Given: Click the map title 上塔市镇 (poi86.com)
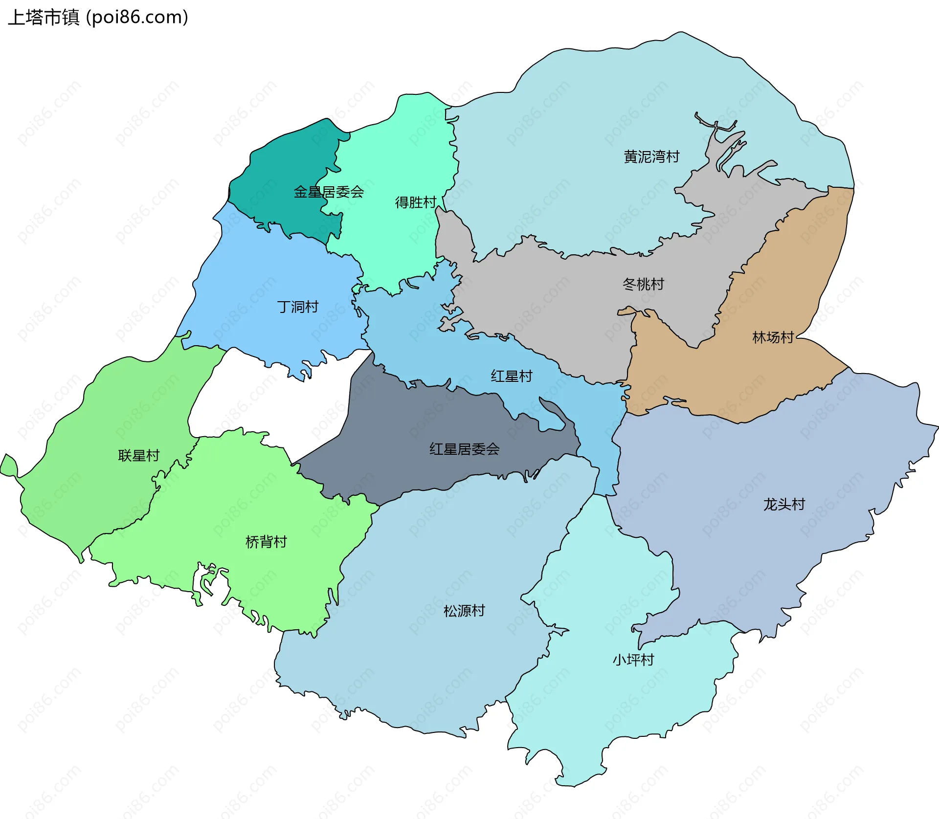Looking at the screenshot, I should (x=98, y=18).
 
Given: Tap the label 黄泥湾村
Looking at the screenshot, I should (x=651, y=157).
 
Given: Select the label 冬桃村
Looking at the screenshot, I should (x=643, y=284).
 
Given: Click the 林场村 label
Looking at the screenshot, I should (x=773, y=337).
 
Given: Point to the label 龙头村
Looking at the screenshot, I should (x=784, y=504).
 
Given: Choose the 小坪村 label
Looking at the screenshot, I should (x=633, y=660).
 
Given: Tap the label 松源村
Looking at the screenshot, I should (x=464, y=611).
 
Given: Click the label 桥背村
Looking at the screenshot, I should (x=266, y=542).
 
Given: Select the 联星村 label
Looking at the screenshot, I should (x=139, y=456).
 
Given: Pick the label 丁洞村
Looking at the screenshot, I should (x=298, y=307).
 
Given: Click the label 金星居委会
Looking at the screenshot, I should (x=329, y=192).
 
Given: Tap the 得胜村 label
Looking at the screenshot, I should (x=415, y=202).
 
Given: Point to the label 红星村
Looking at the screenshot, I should (x=512, y=376).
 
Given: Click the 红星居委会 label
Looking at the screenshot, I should (x=464, y=449).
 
